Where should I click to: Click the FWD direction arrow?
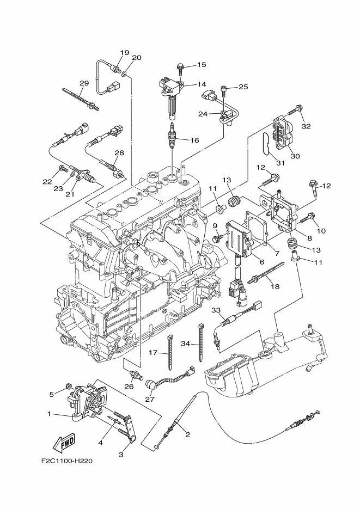click(64, 443)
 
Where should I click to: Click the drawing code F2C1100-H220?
click(65, 461)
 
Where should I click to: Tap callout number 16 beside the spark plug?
click(194, 140)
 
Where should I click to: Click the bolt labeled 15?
click(180, 68)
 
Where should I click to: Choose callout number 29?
click(84, 83)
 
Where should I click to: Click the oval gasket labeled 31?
click(266, 145)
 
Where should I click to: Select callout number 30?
click(295, 156)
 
